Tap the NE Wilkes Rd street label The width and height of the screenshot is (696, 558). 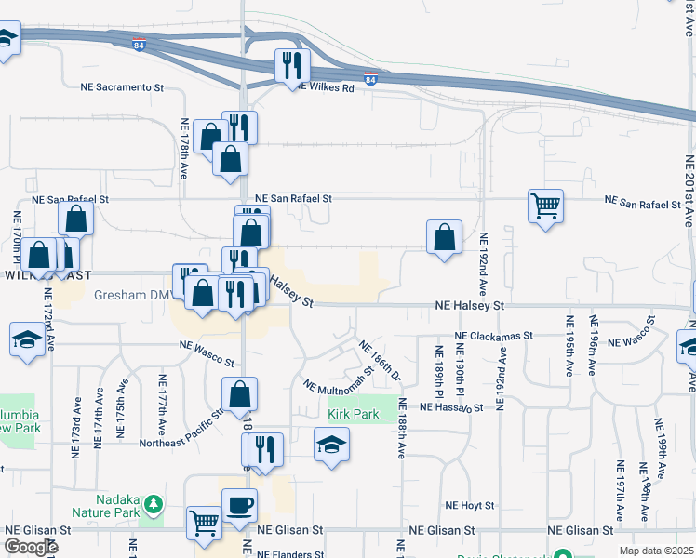point(326,88)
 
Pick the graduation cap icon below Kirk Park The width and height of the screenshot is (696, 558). point(330,445)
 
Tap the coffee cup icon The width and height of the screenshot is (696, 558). point(239,505)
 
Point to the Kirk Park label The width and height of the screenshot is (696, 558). point(353,413)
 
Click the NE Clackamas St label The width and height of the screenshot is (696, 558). point(493,336)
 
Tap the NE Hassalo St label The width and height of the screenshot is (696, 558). point(451,407)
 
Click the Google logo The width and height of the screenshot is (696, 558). point(31,547)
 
